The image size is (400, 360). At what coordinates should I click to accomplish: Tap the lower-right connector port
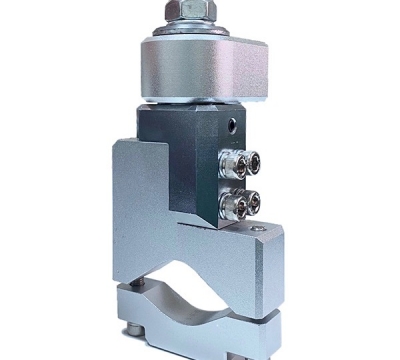[253, 204]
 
